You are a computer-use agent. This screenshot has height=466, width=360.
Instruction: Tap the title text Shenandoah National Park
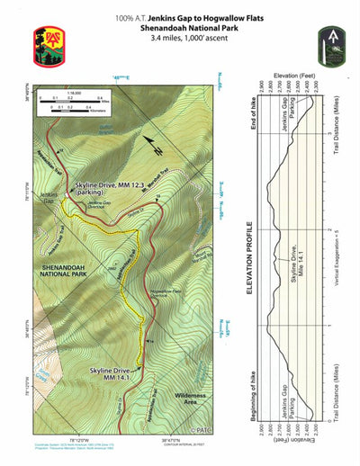pyautogui.click(x=180, y=29)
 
